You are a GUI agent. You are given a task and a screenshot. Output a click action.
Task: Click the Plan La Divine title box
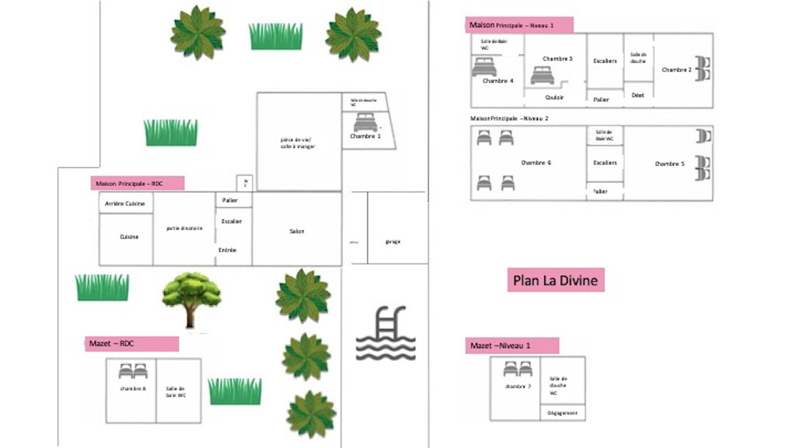click(556, 280)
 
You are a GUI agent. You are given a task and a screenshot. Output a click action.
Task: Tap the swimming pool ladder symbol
click(386, 334)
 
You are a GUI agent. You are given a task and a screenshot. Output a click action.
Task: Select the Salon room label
click(297, 232)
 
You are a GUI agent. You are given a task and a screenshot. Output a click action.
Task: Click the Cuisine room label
click(129, 236)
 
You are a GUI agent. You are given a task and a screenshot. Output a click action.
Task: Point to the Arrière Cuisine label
click(125, 203)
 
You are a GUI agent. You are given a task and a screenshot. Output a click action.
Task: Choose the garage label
click(393, 242)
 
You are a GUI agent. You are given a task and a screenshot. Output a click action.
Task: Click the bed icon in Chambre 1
click(365, 123)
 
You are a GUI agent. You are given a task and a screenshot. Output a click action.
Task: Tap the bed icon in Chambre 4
click(484, 67)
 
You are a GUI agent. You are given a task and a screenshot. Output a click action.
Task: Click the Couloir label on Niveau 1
click(554, 97)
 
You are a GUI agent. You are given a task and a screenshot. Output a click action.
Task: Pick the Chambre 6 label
click(536, 163)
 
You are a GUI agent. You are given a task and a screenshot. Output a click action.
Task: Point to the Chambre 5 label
click(669, 164)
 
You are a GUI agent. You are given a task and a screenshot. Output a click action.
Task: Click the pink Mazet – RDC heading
click(131, 344)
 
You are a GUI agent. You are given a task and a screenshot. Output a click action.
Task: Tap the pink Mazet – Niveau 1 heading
click(511, 345)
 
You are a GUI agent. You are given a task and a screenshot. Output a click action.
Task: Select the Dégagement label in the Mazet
click(562, 413)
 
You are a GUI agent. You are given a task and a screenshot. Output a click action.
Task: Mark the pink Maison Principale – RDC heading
click(137, 184)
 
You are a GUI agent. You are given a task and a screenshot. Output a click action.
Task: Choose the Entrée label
click(228, 250)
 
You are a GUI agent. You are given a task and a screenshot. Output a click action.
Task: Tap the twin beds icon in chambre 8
click(132, 371)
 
